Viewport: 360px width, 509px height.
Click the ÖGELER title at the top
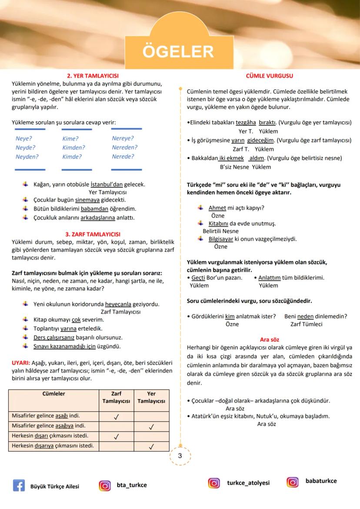(178, 52)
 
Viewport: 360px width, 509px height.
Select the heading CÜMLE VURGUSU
(269, 76)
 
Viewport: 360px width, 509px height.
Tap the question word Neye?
(24, 139)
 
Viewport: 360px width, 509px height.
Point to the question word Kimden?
(73, 148)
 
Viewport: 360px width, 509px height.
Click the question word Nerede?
(123, 156)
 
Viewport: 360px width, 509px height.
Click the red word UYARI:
(21, 363)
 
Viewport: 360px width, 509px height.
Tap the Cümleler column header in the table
(53, 394)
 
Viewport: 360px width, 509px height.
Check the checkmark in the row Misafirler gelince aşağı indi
(116, 417)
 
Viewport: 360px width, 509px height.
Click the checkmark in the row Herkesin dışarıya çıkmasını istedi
(151, 446)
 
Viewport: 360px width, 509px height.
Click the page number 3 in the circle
(180, 456)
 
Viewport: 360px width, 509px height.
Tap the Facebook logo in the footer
(19, 486)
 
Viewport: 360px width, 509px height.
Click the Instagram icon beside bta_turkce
(105, 486)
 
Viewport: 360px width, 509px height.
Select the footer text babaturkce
(321, 481)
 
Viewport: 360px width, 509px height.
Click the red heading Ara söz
(269, 339)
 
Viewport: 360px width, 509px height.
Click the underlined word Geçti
(199, 278)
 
